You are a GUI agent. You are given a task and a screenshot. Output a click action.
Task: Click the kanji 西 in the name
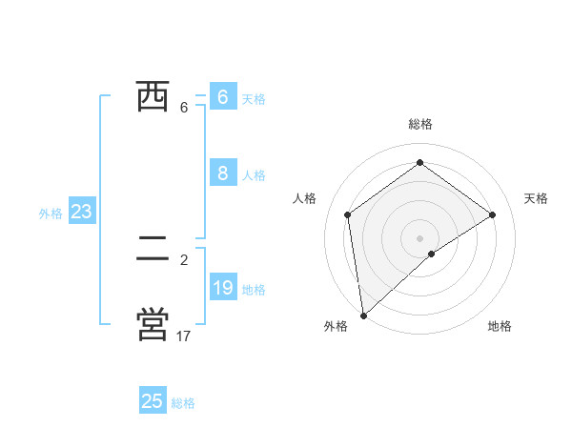(x=153, y=96)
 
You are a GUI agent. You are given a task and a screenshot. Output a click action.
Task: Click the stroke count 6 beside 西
(x=184, y=108)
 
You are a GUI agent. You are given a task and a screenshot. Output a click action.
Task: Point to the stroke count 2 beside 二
(x=184, y=259)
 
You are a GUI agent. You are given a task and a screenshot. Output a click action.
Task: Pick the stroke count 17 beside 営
(x=184, y=336)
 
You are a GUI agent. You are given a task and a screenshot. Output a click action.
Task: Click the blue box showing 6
(x=222, y=97)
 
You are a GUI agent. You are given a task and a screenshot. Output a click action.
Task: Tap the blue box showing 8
(x=222, y=173)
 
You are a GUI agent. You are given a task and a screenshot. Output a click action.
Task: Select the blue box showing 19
(x=222, y=288)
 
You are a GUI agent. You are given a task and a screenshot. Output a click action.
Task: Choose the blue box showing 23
(x=81, y=212)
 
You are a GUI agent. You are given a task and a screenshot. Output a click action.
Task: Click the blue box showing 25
(x=153, y=401)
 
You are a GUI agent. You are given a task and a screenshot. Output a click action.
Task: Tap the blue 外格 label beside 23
(x=51, y=214)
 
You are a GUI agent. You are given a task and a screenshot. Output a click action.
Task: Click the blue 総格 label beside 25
(x=183, y=403)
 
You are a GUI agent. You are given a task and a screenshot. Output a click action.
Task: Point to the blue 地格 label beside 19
(x=254, y=290)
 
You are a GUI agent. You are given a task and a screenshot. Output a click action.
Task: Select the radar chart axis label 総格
(x=419, y=124)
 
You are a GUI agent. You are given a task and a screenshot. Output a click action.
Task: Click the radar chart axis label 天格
(x=537, y=198)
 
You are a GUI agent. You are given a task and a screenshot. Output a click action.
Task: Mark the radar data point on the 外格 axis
(x=363, y=315)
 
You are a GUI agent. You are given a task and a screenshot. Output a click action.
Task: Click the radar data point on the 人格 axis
(x=348, y=214)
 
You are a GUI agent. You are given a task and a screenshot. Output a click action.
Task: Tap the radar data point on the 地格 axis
(x=432, y=254)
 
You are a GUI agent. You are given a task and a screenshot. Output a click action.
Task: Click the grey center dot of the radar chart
(x=419, y=237)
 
